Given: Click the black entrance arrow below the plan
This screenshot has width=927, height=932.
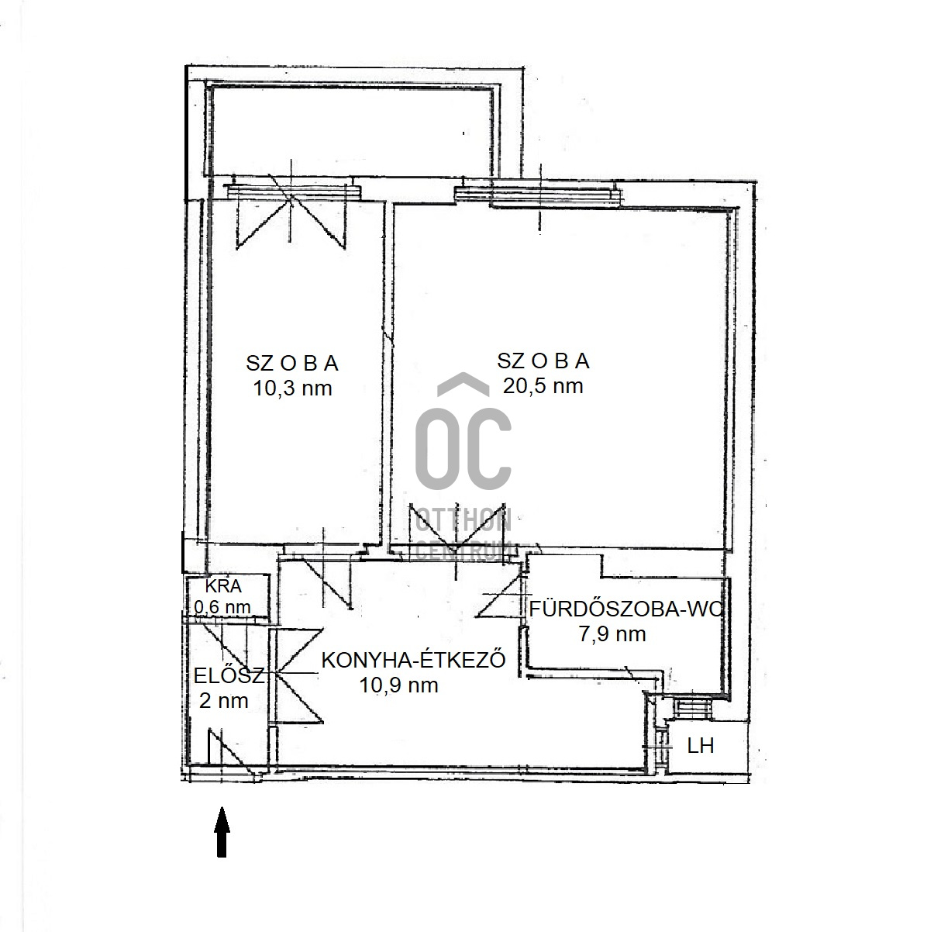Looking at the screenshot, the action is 222,831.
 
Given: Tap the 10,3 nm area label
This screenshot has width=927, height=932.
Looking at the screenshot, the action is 292,388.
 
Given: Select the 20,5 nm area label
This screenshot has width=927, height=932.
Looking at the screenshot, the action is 543,386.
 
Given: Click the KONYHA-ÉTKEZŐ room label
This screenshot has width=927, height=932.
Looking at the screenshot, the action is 413,660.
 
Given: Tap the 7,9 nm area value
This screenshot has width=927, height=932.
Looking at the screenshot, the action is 612,634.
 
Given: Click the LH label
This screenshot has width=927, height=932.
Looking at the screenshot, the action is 701,746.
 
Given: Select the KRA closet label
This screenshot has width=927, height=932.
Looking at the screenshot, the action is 223,586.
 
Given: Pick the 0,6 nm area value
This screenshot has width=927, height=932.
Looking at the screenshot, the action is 222,606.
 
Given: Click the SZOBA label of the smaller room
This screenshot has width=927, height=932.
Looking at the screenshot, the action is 292,364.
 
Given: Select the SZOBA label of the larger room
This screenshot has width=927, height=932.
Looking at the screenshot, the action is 543,361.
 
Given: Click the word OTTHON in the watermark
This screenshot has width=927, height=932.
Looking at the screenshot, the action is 463,521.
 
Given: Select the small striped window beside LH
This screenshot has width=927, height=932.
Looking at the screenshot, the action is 692,709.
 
